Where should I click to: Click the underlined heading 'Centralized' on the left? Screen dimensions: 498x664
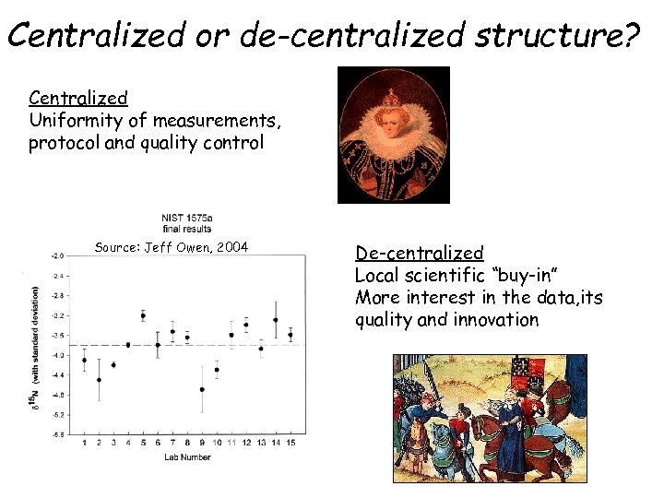(x=77, y=98)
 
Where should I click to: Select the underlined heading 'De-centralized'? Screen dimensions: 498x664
(x=420, y=253)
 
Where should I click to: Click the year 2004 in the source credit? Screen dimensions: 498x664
(x=231, y=246)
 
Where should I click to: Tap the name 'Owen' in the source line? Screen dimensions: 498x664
(x=192, y=246)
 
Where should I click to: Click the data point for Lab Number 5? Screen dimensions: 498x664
(x=143, y=315)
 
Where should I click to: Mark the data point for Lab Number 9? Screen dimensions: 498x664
(x=202, y=389)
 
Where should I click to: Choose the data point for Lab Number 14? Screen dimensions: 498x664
(x=276, y=320)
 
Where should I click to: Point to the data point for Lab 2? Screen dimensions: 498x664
(x=99, y=379)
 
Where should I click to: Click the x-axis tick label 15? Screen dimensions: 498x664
(x=290, y=444)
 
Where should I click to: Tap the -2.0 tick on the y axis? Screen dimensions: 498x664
(x=57, y=255)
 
